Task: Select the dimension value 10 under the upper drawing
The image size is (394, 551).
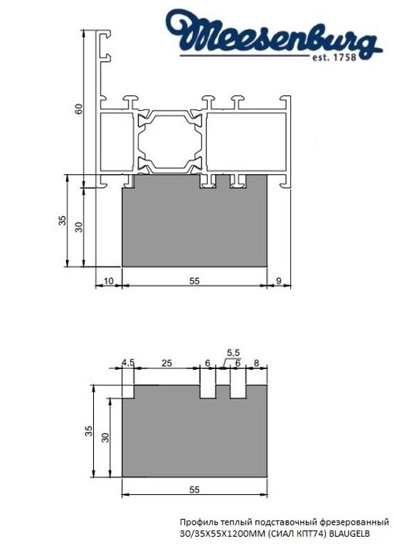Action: (x=108, y=281)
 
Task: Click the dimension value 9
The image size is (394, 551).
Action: (x=278, y=281)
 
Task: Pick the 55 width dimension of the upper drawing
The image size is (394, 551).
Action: (x=193, y=281)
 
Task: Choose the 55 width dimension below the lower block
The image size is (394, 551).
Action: (x=193, y=490)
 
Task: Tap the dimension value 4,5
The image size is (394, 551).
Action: (x=128, y=363)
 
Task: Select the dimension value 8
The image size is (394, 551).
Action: (x=256, y=363)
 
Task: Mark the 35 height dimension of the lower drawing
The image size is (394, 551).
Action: (x=88, y=431)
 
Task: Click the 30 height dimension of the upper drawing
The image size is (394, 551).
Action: (x=79, y=226)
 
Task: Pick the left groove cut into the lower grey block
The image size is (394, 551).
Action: (x=207, y=392)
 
